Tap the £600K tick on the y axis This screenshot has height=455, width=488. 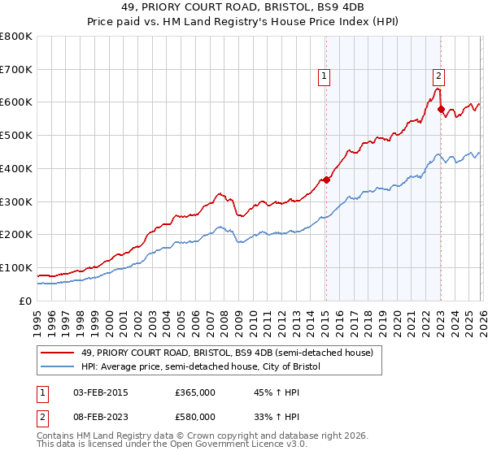click(x=16, y=102)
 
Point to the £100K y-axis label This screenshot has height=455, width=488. click(x=16, y=267)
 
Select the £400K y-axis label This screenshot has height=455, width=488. click(x=16, y=168)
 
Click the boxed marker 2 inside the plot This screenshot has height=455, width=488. click(x=438, y=76)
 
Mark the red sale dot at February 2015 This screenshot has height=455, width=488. click(x=326, y=180)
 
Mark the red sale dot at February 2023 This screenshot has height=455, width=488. click(x=441, y=109)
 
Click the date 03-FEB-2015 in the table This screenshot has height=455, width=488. click(x=100, y=392)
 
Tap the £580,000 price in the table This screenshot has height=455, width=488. click(x=194, y=416)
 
